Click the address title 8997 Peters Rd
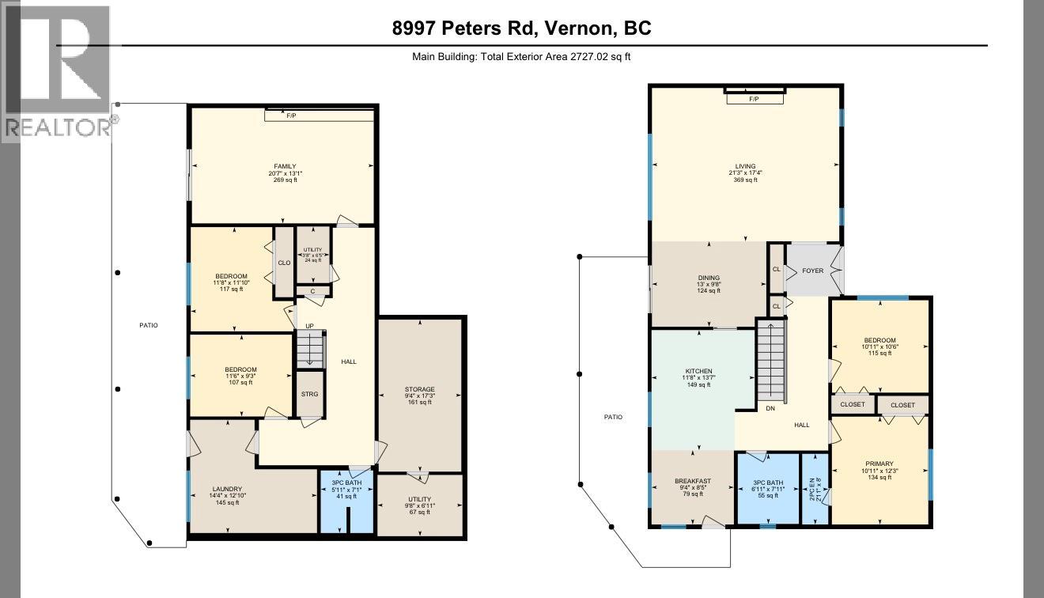(x=521, y=28)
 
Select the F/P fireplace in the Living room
(x=754, y=99)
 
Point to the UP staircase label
(x=310, y=326)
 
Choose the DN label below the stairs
(x=770, y=409)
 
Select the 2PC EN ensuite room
(x=815, y=490)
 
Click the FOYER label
(x=812, y=271)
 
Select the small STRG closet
(x=309, y=394)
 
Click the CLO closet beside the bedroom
(x=283, y=263)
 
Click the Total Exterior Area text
(x=521, y=56)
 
